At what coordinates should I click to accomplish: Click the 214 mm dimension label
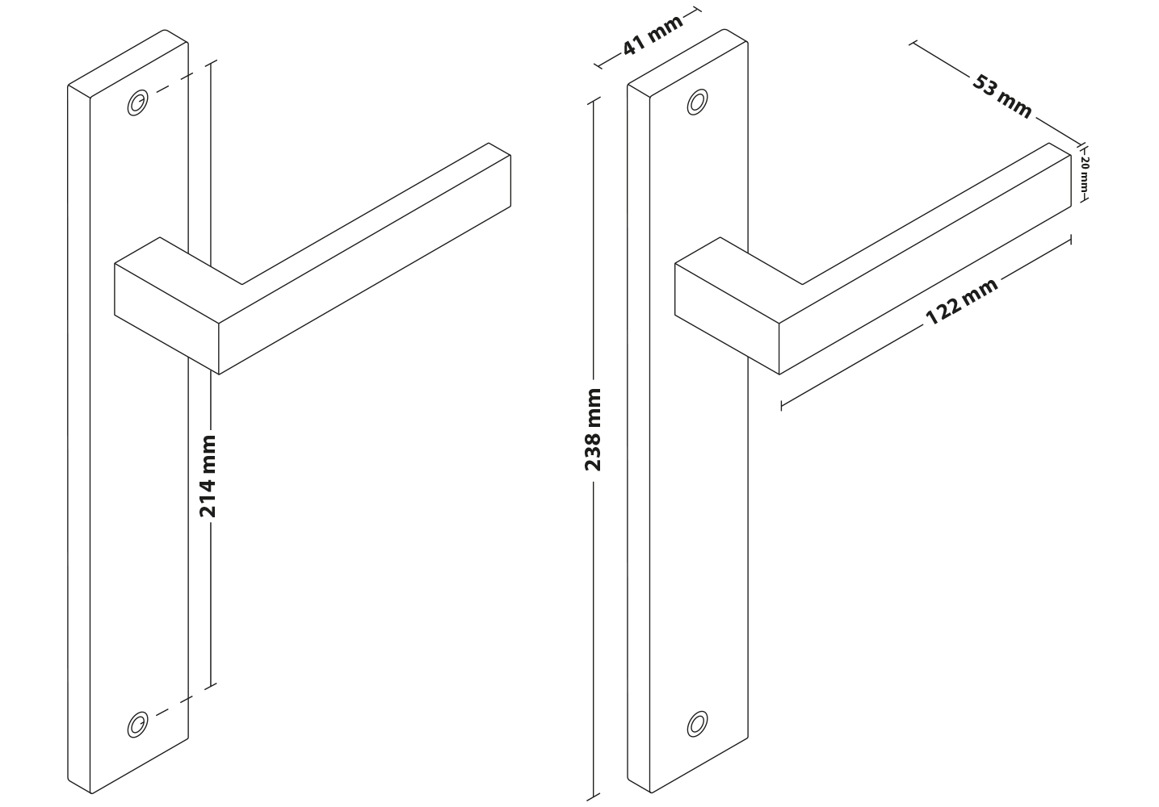(x=208, y=476)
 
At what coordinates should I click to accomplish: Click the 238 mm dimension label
(x=593, y=429)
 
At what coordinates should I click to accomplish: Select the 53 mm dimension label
(x=1002, y=97)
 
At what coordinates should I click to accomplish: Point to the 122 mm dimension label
(x=961, y=302)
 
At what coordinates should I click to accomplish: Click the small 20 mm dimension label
(x=1085, y=174)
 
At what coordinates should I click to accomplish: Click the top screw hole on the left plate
(x=137, y=102)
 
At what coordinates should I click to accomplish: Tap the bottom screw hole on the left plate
(x=137, y=725)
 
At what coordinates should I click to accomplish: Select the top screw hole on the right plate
(x=698, y=102)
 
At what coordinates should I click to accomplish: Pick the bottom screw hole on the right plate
(x=698, y=724)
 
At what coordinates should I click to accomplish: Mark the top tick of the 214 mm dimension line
(x=211, y=63)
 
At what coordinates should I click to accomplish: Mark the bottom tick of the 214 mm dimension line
(x=211, y=686)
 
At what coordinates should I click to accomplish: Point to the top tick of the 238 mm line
(x=594, y=101)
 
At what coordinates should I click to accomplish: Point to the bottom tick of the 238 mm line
(x=594, y=797)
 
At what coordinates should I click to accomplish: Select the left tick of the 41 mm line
(x=598, y=65)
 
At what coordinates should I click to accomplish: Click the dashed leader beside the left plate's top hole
(x=174, y=84)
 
